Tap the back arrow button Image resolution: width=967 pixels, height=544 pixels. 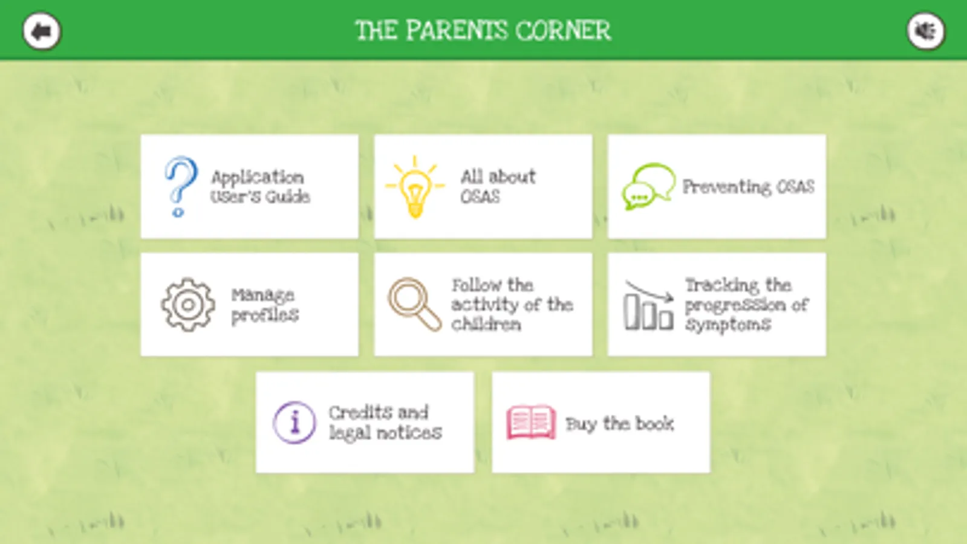click(42, 31)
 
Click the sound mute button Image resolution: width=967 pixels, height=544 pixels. click(926, 31)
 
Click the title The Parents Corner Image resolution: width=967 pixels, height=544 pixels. click(483, 31)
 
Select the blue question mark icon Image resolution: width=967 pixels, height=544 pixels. click(181, 186)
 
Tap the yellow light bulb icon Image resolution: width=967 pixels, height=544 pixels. click(415, 187)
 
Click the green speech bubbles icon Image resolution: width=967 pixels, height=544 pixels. click(648, 186)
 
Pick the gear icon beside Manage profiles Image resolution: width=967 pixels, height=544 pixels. click(188, 305)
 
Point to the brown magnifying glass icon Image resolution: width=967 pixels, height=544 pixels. click(414, 305)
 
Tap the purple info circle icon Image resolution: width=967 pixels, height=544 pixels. click(295, 423)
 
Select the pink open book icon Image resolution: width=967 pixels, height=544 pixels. click(531, 422)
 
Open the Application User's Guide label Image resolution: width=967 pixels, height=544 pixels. click(260, 187)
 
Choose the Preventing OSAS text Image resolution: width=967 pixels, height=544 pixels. click(749, 187)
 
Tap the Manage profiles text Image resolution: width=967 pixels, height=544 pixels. click(265, 305)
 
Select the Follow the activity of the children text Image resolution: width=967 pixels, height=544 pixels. click(512, 305)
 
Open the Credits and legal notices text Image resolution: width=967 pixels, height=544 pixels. click(385, 423)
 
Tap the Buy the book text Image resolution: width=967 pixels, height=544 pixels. click(620, 424)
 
